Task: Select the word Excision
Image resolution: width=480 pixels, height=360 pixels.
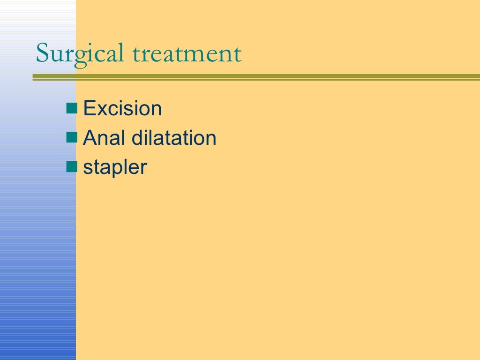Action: click(x=122, y=109)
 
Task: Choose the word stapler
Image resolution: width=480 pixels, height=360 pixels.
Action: click(x=115, y=168)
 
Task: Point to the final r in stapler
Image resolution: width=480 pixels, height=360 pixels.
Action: click(x=144, y=169)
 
